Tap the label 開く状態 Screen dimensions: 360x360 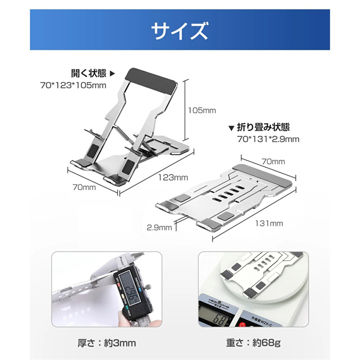click(x=89, y=73)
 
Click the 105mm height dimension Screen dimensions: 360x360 click(x=201, y=111)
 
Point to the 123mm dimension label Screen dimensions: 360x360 click(x=173, y=177)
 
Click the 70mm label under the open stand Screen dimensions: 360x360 click(x=84, y=187)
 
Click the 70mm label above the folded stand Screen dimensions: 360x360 click(x=274, y=161)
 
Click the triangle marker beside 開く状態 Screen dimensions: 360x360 click(x=111, y=73)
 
